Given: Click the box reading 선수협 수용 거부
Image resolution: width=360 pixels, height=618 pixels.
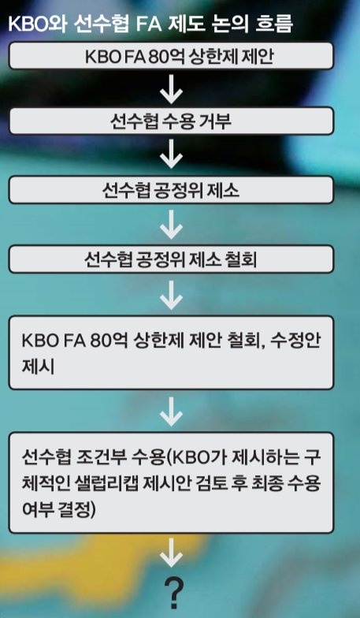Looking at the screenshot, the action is [x=171, y=121].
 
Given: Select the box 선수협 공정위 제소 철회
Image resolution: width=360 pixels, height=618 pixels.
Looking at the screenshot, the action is [x=171, y=259].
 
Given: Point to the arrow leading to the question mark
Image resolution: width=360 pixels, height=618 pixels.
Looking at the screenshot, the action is [x=172, y=552].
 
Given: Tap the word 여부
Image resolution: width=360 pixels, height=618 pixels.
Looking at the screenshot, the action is [x=38, y=509].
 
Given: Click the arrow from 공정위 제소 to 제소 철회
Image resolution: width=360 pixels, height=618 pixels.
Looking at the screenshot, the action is [x=172, y=225].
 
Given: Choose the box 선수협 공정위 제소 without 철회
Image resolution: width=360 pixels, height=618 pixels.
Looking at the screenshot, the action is [x=171, y=190].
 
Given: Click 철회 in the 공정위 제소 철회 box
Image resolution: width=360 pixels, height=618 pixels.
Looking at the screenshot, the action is [x=241, y=259].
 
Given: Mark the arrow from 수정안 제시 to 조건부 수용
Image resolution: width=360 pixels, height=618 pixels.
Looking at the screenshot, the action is [x=172, y=411].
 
